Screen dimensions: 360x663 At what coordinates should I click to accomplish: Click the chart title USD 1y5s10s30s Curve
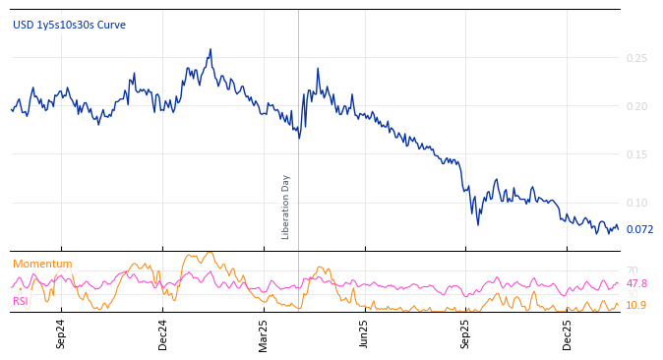point(69,25)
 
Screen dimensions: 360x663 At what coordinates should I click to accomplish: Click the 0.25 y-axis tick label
point(636,58)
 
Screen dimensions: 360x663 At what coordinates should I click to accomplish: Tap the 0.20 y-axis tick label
point(636,106)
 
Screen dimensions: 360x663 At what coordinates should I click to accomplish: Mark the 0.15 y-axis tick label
point(636,154)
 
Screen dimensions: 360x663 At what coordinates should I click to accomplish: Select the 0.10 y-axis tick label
point(636,203)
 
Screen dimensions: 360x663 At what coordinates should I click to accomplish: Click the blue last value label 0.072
point(639,229)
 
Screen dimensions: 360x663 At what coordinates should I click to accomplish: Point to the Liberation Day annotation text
point(286,207)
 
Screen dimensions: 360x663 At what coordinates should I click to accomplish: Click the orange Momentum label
point(42,264)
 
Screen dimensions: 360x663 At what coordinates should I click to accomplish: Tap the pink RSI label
point(21,301)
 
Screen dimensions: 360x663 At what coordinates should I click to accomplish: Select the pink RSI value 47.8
point(636,283)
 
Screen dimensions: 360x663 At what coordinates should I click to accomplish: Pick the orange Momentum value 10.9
point(636,305)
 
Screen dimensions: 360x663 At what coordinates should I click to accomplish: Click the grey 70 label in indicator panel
point(632,270)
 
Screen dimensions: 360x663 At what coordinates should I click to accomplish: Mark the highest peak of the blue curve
point(211,49)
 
